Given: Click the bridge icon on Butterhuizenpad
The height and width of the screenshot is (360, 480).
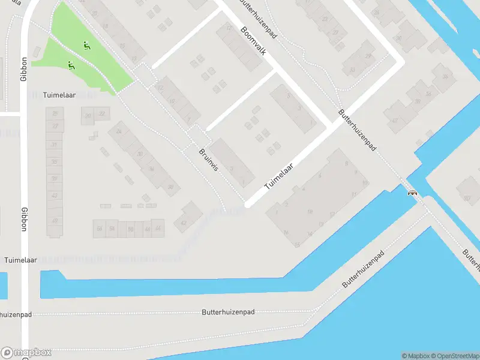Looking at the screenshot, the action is (412, 193).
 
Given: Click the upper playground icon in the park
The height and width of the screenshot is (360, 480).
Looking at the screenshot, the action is (87, 45).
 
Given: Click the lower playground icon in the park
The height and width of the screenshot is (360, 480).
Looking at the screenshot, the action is (71, 65).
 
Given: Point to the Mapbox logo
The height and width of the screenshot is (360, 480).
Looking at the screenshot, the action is (26, 352).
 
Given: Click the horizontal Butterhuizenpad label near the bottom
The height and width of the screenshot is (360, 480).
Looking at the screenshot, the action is (229, 312).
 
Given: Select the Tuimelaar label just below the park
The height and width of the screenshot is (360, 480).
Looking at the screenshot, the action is (59, 95).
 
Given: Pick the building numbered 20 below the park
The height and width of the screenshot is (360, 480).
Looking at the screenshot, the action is (88, 115).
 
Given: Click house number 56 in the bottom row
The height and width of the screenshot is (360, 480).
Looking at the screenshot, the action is (99, 229).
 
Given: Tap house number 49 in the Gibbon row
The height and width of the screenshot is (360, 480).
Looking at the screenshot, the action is (55, 221).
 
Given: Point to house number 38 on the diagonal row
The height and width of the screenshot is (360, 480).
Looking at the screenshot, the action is (170, 187).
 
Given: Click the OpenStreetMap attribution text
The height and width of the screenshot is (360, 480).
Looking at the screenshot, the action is (454, 356).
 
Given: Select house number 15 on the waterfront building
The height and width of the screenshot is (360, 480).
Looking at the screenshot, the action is (298, 244).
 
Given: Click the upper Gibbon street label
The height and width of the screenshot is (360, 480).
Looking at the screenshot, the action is (25, 70).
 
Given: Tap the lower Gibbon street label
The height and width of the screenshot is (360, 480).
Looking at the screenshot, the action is (25, 220).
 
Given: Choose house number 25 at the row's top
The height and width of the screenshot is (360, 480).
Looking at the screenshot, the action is (55, 113).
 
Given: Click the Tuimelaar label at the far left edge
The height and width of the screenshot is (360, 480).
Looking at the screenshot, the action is (20, 260).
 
